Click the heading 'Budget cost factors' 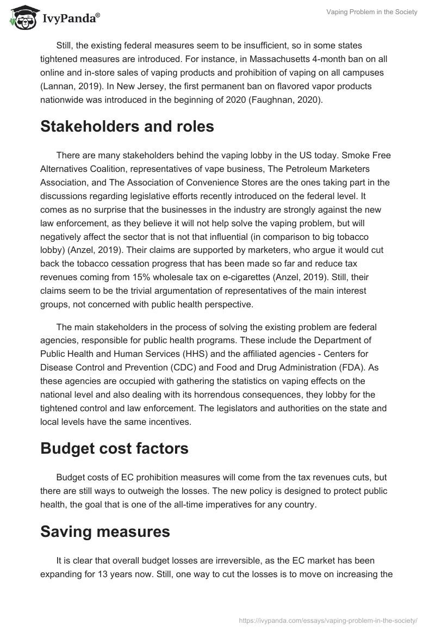click(x=114, y=449)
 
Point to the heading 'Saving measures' click(x=105, y=531)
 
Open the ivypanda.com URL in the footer click(x=328, y=620)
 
